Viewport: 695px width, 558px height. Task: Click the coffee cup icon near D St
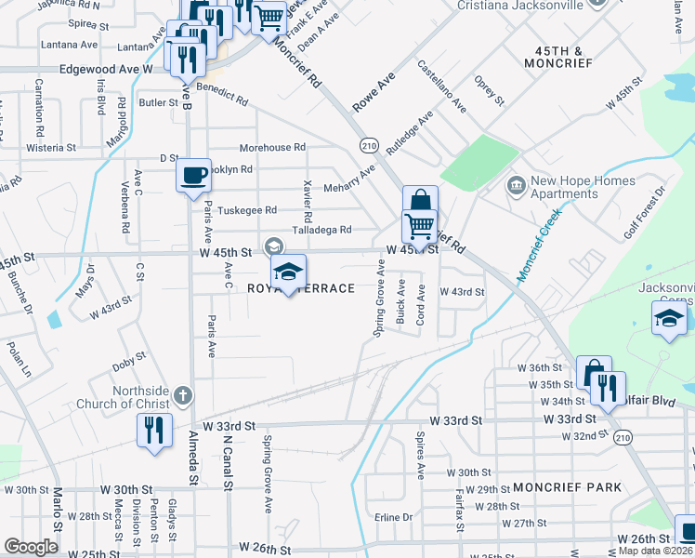coord(193,175)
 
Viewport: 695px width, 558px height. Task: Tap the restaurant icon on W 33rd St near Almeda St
coord(154,431)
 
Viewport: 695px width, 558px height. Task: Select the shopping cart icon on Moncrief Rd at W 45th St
coord(420,226)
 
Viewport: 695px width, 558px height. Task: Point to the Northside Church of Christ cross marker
coord(183,394)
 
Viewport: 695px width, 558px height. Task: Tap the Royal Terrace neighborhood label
coord(301,288)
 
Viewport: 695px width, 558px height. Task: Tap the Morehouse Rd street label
coord(272,148)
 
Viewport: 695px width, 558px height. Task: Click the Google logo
coord(31,547)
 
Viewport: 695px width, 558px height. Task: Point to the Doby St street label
coord(130,356)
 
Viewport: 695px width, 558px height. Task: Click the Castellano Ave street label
coord(441,86)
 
